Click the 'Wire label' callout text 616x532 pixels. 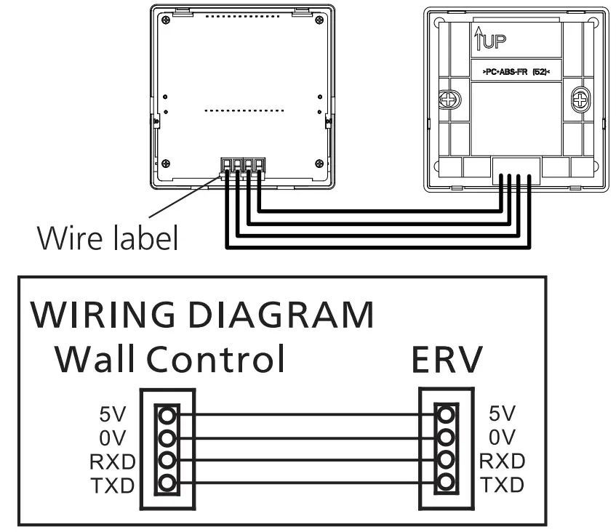point(108,237)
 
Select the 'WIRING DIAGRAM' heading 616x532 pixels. point(202,315)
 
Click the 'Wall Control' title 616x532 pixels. point(169,358)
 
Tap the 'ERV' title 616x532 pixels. point(447,358)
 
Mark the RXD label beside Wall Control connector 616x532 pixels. point(110,461)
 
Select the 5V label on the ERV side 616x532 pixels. point(502,414)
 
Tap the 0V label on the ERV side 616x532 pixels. point(502,438)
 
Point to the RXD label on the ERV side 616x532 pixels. point(503,461)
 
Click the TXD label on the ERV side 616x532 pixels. point(502,484)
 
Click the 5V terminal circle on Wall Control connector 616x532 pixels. point(167,416)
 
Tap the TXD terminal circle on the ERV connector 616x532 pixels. point(445,482)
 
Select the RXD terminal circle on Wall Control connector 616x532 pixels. point(167,459)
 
